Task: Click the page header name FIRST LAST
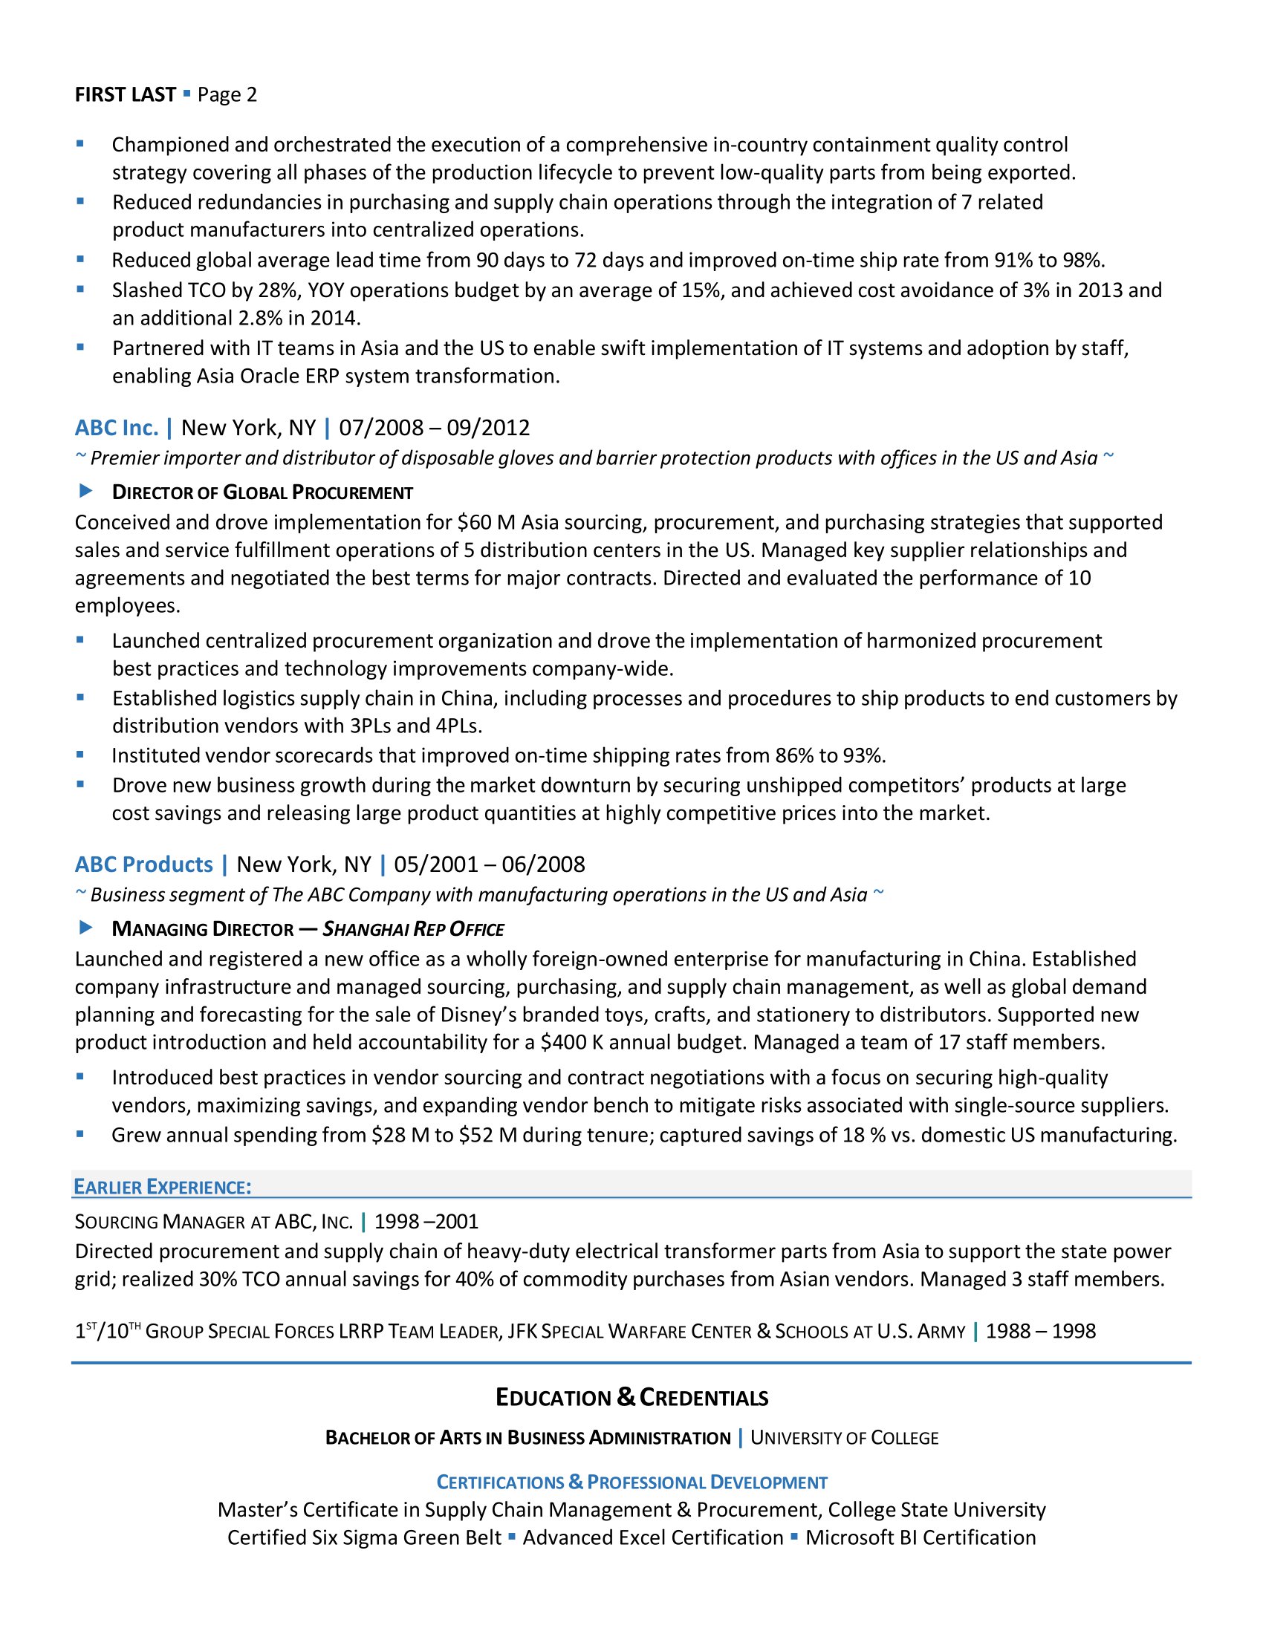pos(125,95)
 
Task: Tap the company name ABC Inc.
pos(117,428)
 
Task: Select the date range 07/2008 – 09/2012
pos(434,428)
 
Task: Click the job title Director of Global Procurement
pos(262,492)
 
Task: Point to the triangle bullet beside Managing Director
pos(86,928)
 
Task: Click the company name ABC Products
pos(143,865)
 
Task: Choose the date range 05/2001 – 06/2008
pos(490,865)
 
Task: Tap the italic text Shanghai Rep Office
pos(413,929)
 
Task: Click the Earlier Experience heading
pos(163,1188)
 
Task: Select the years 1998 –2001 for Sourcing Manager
pos(426,1222)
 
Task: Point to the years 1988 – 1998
pos(1040,1331)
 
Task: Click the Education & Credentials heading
pos(631,1398)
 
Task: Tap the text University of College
pos(844,1438)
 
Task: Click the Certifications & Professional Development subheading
pos(631,1482)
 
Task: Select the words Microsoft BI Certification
pos(921,1537)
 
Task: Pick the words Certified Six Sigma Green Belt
pos(364,1537)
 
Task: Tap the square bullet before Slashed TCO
pos(80,289)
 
